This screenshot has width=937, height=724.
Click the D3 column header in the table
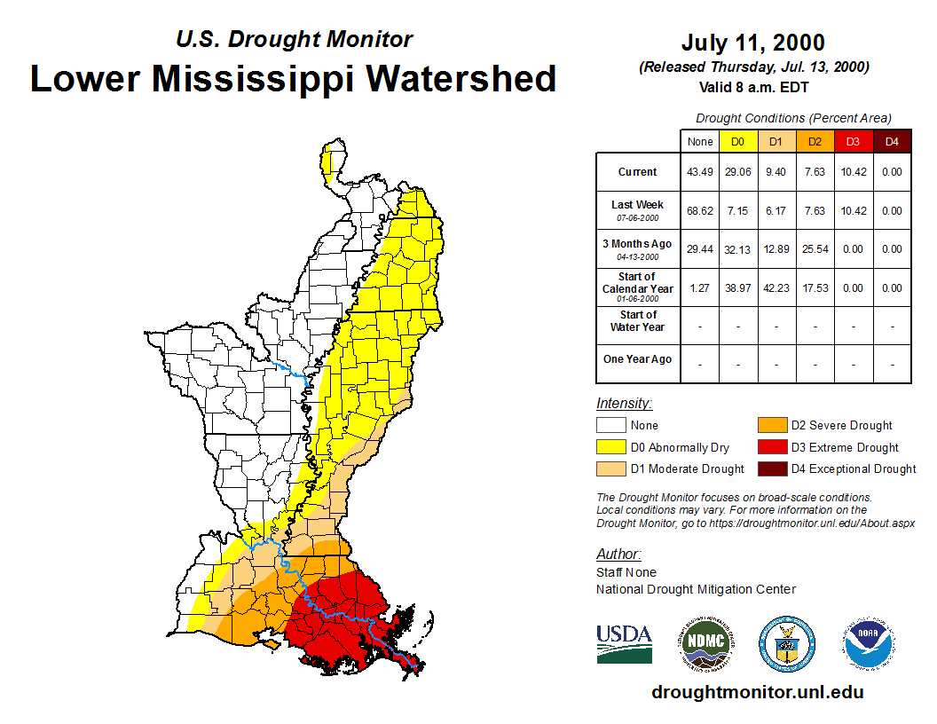coord(853,142)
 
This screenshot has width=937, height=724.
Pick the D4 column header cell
coord(892,142)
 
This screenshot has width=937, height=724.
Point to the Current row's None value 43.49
coord(700,172)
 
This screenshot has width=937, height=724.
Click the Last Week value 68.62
coord(700,211)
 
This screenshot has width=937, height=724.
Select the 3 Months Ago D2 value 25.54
coord(815,249)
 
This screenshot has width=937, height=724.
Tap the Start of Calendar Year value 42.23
coord(776,288)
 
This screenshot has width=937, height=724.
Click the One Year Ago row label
coord(637,359)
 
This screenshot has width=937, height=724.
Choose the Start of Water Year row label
coord(637,321)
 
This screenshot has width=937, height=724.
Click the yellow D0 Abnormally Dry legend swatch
coord(610,447)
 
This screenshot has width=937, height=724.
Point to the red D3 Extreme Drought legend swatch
coord(771,447)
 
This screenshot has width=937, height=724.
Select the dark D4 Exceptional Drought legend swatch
coord(771,468)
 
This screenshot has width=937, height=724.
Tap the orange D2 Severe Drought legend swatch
coord(771,426)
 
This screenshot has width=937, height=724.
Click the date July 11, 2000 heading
coord(752,43)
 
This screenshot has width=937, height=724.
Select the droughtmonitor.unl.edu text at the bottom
coord(757,692)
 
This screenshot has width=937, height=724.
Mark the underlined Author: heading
coord(618,555)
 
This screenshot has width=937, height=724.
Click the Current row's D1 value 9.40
coord(776,172)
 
